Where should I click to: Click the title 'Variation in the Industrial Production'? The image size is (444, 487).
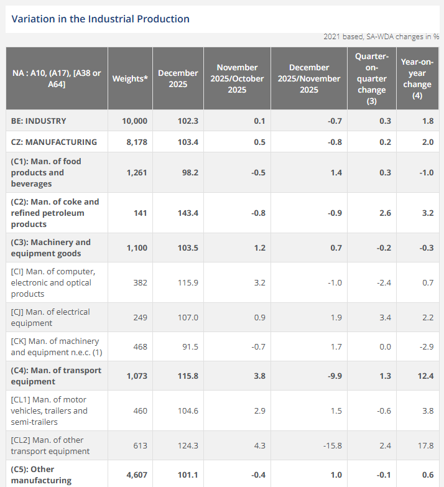[101, 19]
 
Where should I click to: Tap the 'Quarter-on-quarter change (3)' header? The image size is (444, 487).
[371, 79]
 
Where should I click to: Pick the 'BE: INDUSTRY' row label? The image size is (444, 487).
[39, 121]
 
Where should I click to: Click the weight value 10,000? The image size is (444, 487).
[135, 121]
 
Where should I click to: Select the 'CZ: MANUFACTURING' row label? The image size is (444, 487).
[54, 142]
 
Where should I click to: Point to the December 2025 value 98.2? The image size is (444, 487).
[188, 172]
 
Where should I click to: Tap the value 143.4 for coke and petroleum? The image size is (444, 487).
[187, 213]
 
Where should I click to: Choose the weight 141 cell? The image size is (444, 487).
[141, 213]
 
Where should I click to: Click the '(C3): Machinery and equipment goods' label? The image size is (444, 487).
[51, 248]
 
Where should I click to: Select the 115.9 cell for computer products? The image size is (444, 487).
[187, 282]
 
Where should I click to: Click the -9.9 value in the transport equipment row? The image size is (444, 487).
[335, 376]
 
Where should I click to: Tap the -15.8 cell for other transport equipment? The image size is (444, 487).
[332, 445]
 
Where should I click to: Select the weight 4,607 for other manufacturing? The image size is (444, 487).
[137, 475]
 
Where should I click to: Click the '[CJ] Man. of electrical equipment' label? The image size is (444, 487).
[50, 317]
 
